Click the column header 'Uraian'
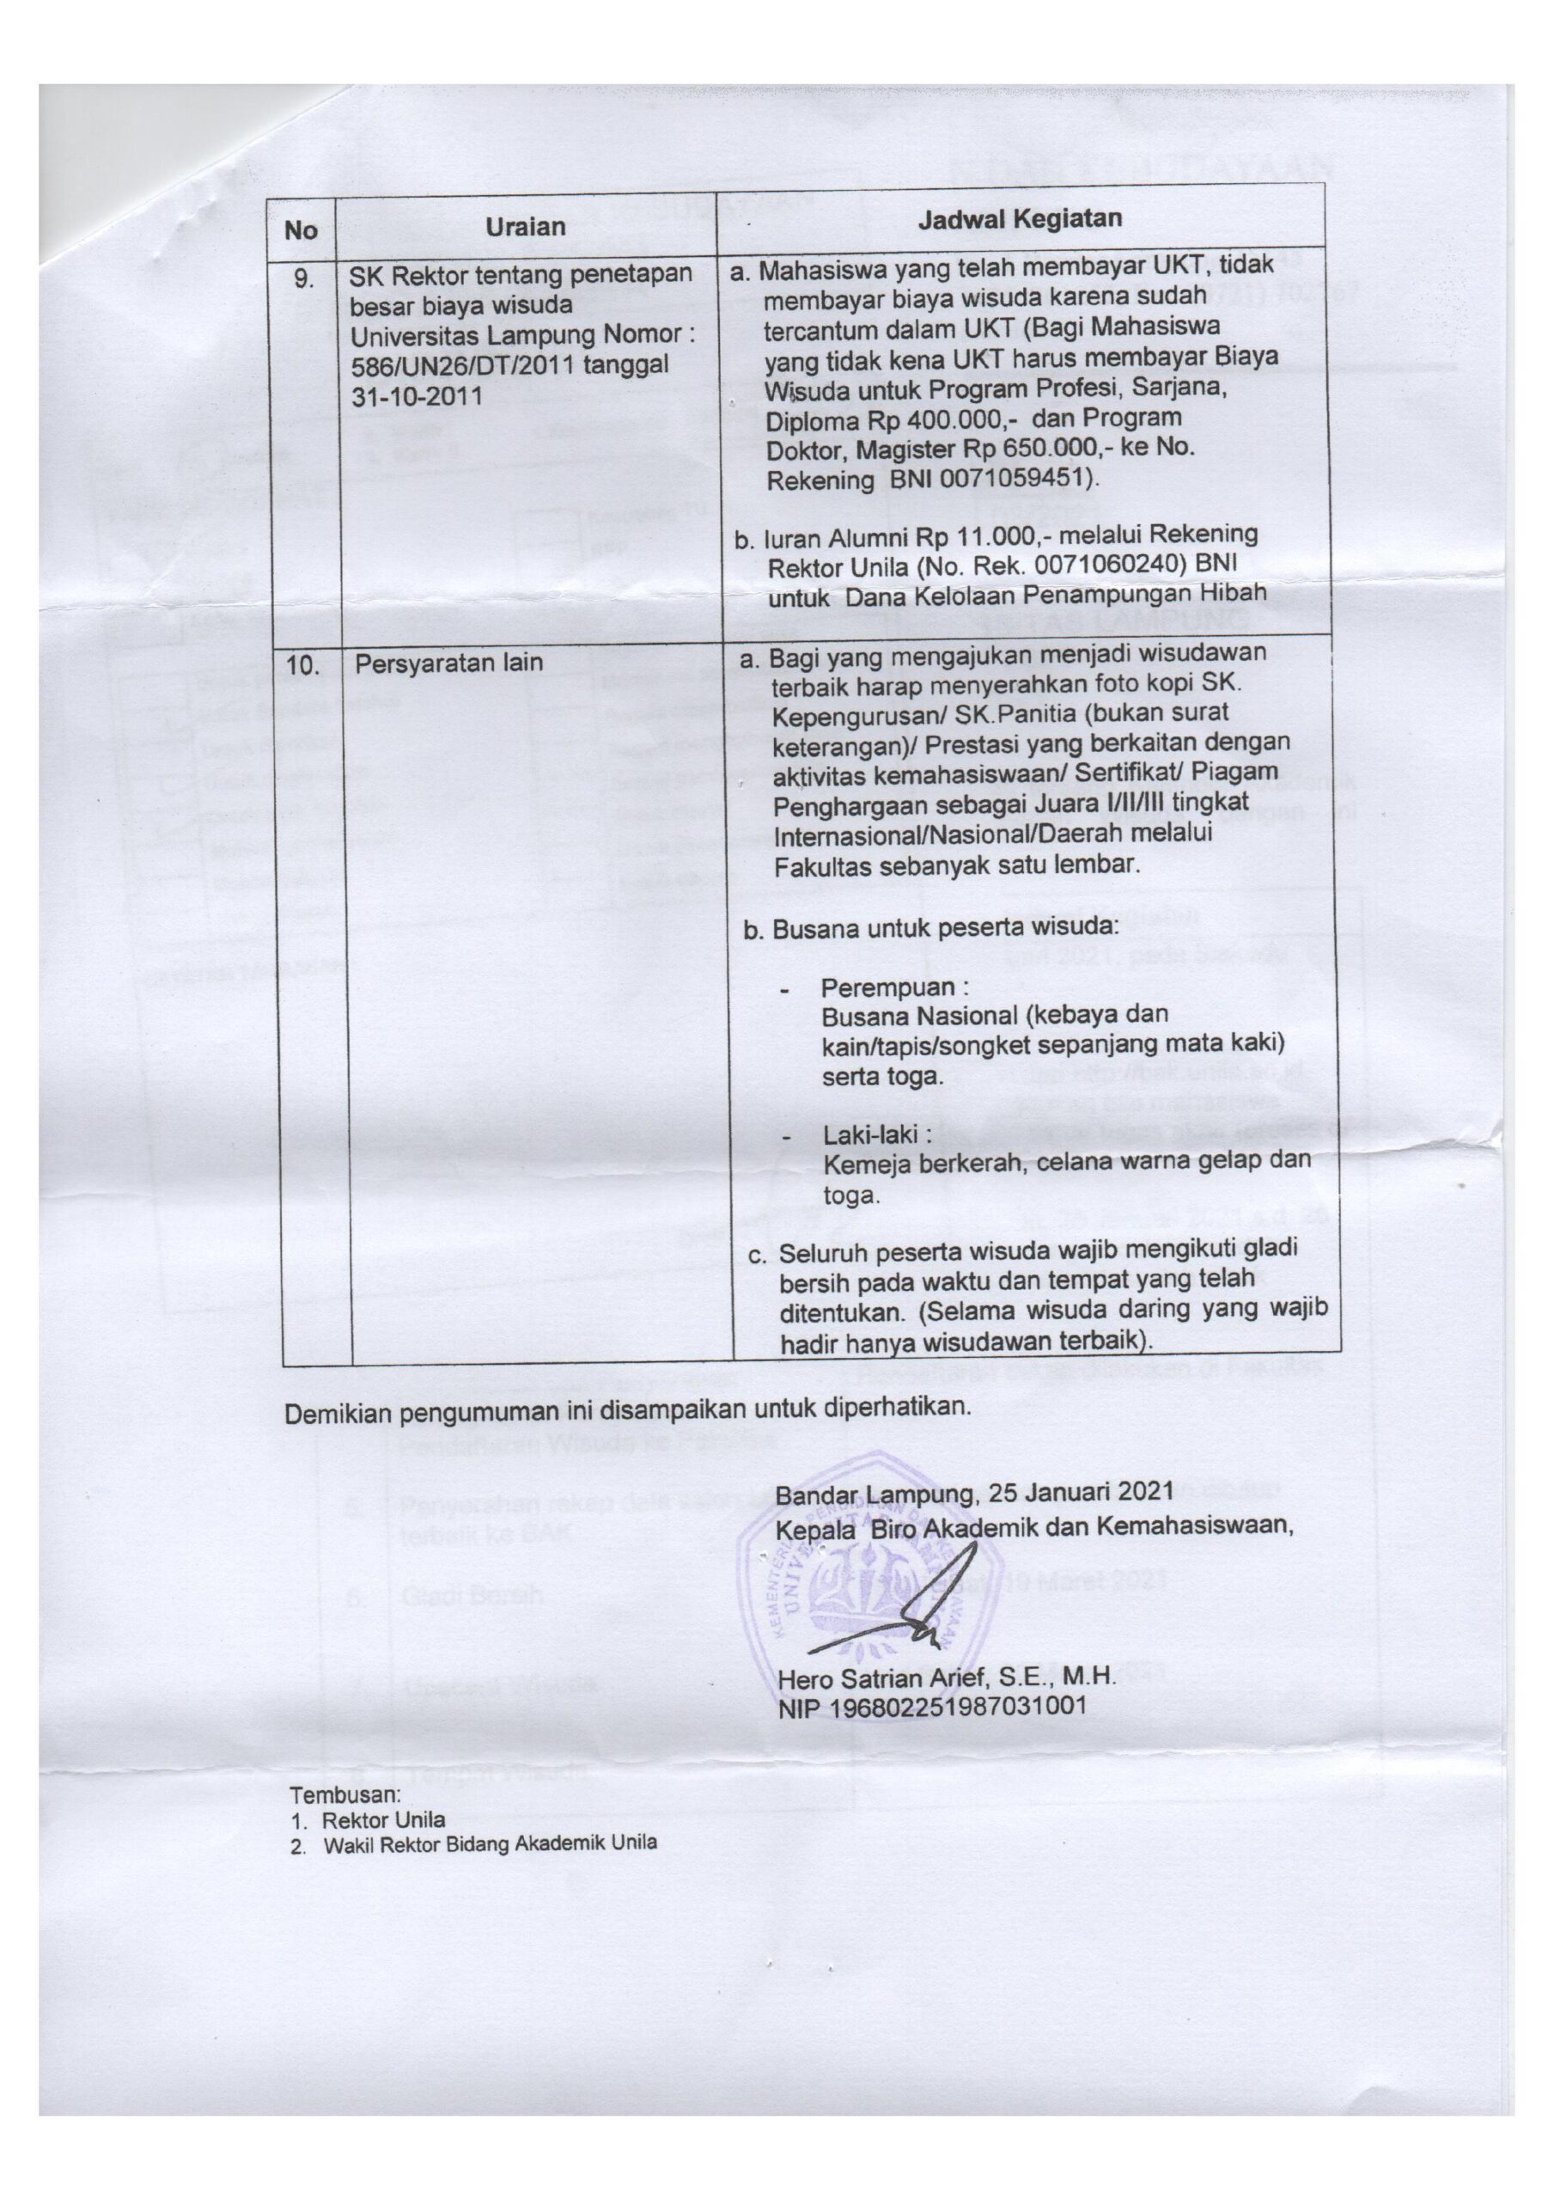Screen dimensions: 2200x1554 524,227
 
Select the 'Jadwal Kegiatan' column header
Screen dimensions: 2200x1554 1020,218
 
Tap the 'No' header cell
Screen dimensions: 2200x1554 300,230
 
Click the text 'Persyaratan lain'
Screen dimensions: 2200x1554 448,662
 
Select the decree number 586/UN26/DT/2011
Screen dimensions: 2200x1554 460,366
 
